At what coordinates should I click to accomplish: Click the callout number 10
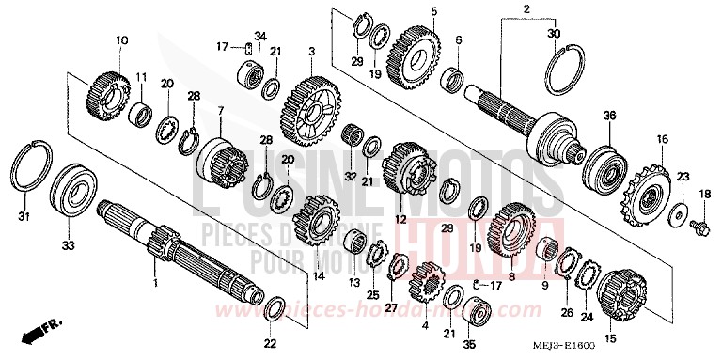(120, 40)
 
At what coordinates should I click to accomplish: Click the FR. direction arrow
(38, 330)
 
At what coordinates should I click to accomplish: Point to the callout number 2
(526, 8)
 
